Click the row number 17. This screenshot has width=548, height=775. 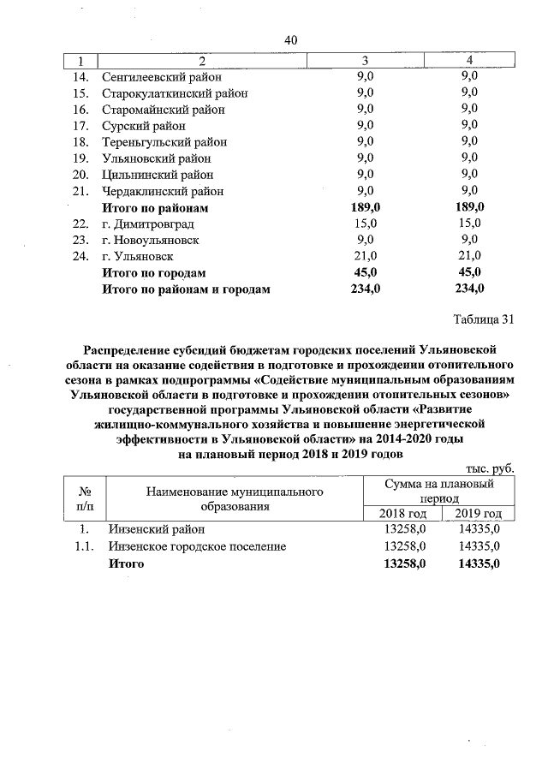[81, 126]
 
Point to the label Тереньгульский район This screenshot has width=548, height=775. [164, 142]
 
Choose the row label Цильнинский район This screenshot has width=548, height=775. [158, 175]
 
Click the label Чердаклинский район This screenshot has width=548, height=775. [163, 191]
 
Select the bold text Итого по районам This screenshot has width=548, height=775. [155, 207]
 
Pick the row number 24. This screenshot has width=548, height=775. [81, 256]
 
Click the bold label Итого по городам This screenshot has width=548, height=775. [154, 272]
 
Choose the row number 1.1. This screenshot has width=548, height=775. [84, 546]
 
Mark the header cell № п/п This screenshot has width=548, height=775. [85, 499]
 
